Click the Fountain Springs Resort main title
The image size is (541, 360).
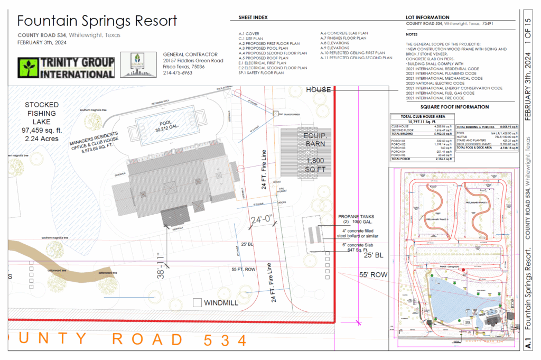click(x=97, y=21)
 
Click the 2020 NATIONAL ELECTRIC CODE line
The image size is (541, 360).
click(x=435, y=83)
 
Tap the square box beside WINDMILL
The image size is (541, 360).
click(x=197, y=303)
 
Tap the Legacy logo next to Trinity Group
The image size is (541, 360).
click(x=136, y=65)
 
